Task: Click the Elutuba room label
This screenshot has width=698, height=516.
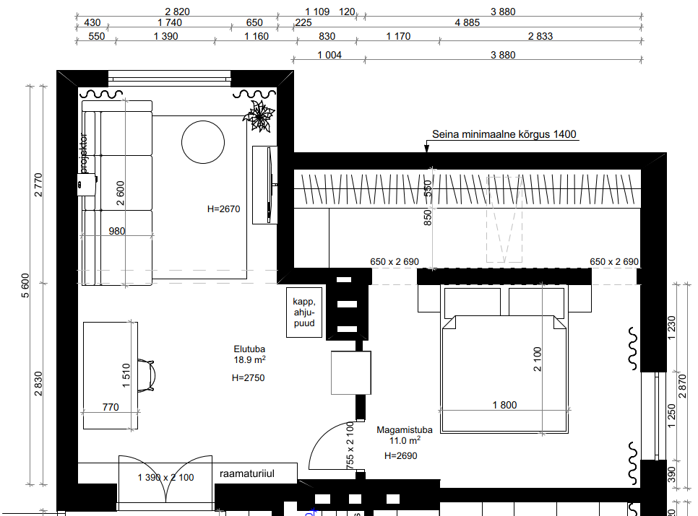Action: click(249, 349)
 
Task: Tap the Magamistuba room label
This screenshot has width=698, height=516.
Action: click(404, 430)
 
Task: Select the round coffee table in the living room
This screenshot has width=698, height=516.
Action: click(203, 142)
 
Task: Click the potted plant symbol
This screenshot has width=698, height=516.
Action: click(259, 116)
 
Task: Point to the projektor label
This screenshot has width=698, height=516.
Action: click(83, 153)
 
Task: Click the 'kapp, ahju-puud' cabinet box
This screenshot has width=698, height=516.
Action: click(304, 312)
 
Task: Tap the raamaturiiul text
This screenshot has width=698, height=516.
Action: click(246, 473)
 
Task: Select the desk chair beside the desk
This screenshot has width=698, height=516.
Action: click(147, 375)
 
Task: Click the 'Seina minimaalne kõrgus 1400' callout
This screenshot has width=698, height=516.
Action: click(504, 134)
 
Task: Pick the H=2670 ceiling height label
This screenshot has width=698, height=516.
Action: click(223, 209)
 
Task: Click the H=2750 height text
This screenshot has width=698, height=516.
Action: click(248, 377)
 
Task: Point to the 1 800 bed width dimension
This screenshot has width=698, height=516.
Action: click(504, 405)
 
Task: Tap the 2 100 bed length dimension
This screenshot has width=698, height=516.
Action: click(538, 359)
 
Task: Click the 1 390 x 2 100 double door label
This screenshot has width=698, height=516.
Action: click(165, 477)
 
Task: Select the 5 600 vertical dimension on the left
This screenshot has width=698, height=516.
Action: click(25, 286)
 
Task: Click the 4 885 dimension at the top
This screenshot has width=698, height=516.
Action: click(467, 22)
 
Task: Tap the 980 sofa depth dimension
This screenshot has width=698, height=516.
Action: click(116, 231)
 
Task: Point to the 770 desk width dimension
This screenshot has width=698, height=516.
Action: click(111, 407)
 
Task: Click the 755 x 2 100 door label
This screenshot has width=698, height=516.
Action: click(350, 445)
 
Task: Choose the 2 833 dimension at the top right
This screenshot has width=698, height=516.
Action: click(540, 36)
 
